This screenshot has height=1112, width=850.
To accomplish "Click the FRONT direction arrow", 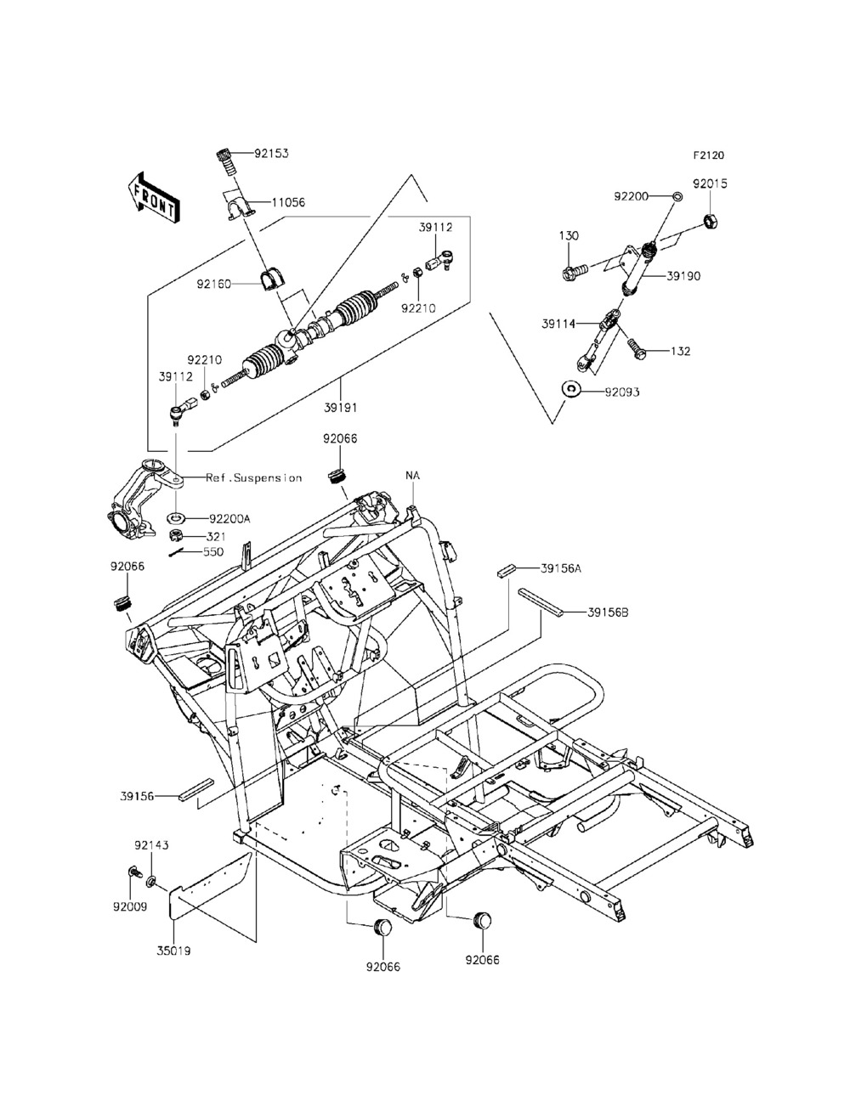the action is (x=153, y=198).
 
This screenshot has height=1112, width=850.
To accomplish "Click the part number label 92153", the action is (x=271, y=153).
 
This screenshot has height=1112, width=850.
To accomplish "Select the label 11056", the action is (x=288, y=203).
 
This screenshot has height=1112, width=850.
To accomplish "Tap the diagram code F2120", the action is (x=709, y=155).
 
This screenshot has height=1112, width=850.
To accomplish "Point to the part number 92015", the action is (x=710, y=183).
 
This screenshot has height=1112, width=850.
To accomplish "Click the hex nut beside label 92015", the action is (x=711, y=221).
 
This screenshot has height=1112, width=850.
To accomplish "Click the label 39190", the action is (x=683, y=276).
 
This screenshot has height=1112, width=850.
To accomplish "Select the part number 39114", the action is (x=558, y=324).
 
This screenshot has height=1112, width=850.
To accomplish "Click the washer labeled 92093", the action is (x=572, y=390).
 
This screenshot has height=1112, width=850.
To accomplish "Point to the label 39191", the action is (x=341, y=407).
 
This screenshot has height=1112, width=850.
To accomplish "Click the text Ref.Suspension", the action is (x=253, y=477).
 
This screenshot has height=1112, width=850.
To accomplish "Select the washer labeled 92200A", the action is (x=176, y=518).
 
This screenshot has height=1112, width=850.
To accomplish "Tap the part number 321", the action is (x=216, y=536).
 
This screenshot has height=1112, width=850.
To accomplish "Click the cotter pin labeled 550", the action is (x=180, y=553).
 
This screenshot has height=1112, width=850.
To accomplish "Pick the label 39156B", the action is (x=609, y=612).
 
